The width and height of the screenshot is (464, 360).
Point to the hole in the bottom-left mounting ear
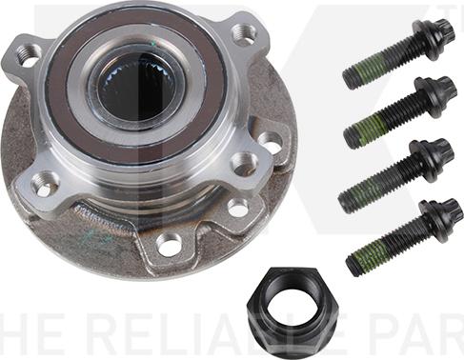(42, 182)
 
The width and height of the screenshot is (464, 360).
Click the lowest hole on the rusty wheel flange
(170, 245)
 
